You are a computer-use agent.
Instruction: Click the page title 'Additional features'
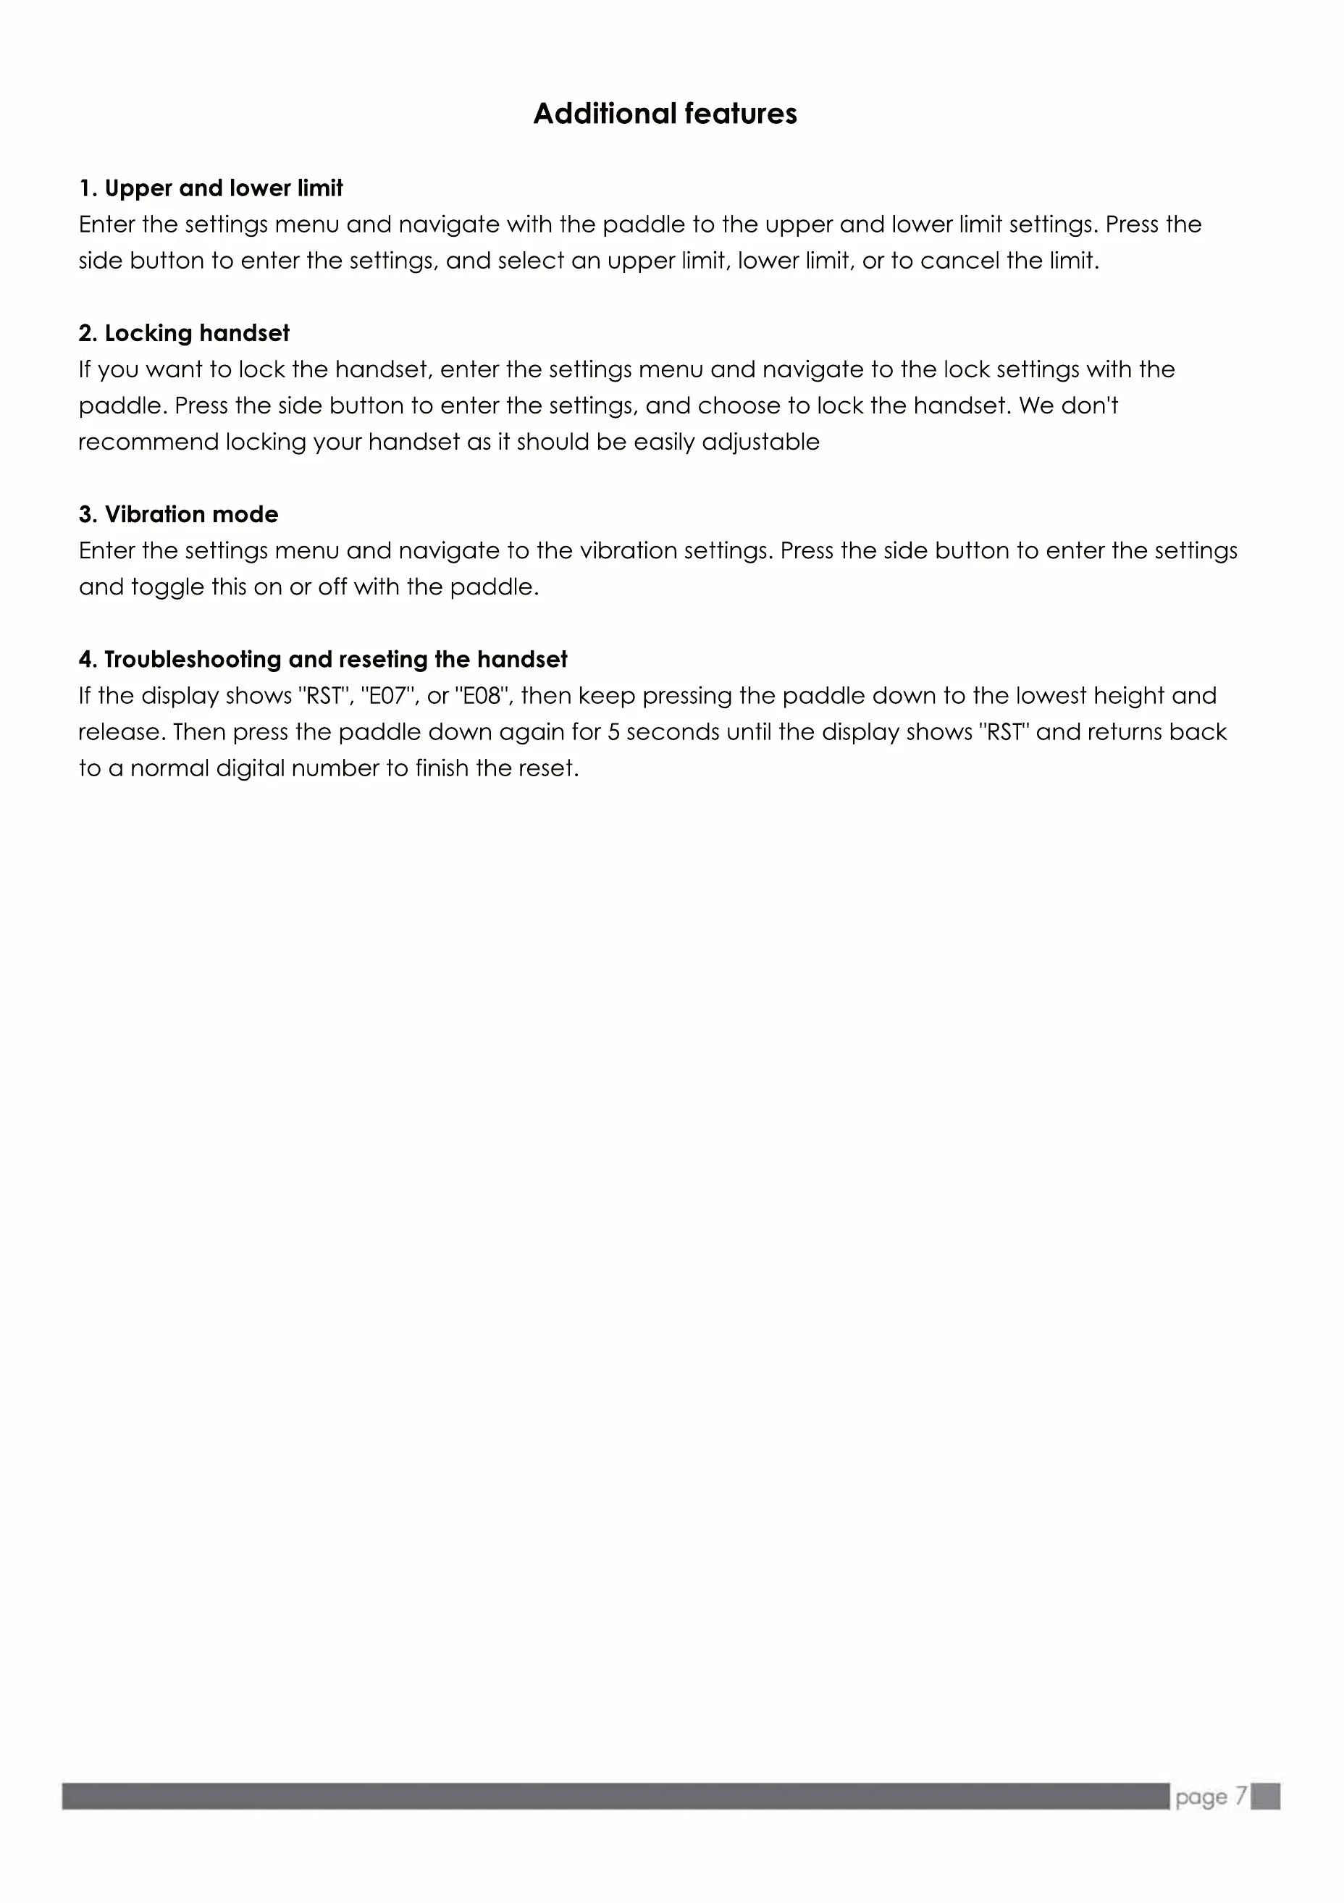(665, 114)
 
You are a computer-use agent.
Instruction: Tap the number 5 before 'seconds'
(614, 732)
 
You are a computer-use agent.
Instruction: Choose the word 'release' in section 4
(119, 732)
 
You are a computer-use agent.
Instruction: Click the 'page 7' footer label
(1211, 1796)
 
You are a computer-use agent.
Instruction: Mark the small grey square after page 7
(1265, 1796)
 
